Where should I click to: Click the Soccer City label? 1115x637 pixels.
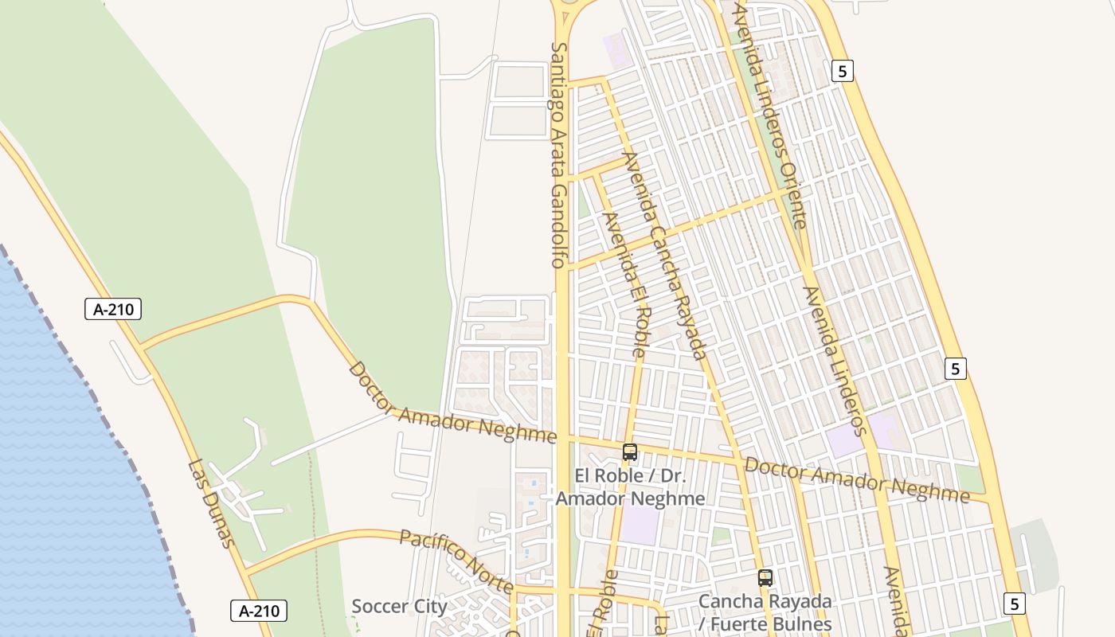[399, 606]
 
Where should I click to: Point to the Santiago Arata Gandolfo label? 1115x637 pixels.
[558, 154]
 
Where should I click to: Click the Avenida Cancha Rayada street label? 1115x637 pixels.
[667, 256]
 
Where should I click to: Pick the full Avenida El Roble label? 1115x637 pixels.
[625, 283]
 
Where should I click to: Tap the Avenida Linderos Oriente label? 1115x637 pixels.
[771, 115]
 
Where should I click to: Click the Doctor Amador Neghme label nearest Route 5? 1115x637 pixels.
[857, 480]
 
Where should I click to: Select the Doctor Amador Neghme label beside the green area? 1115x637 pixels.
[452, 404]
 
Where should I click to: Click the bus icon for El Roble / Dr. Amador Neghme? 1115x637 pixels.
[630, 452]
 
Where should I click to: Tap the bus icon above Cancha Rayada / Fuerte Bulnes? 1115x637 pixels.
[765, 578]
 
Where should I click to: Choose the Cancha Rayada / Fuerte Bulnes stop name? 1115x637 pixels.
[765, 612]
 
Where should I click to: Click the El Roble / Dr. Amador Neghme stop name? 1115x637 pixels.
[630, 487]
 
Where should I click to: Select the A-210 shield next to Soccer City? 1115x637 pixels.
[259, 611]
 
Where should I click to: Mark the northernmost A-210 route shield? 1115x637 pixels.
[113, 309]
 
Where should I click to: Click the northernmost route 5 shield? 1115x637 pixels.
[843, 71]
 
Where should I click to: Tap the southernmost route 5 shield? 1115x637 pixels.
[1014, 604]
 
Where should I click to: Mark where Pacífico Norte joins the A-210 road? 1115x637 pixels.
[247, 571]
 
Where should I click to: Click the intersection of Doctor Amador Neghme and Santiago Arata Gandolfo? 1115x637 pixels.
[563, 437]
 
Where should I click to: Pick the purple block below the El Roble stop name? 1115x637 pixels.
[640, 526]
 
